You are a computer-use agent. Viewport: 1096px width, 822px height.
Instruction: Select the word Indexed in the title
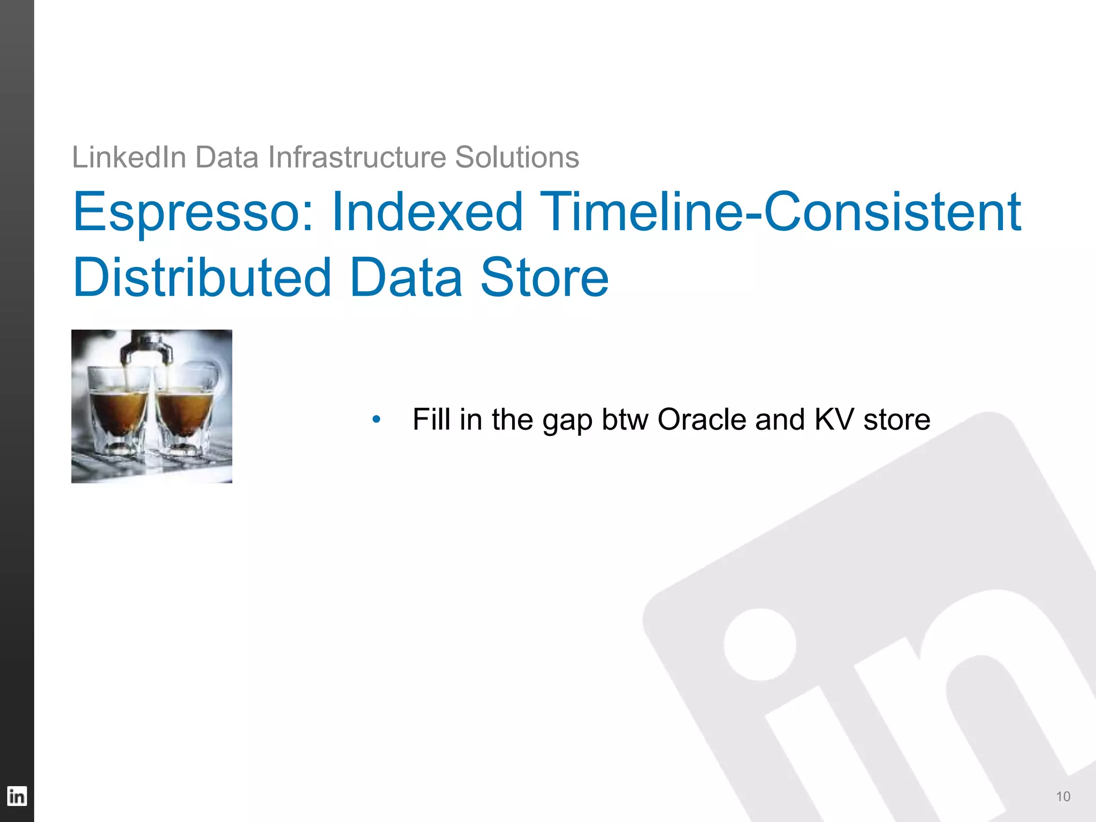427,212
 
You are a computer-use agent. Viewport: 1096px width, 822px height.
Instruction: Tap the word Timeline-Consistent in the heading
780,212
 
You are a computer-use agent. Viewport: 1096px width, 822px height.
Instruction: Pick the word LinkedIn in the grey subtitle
129,157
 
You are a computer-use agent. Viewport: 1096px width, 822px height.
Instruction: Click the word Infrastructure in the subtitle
357,157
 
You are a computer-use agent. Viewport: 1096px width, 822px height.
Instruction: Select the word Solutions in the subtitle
517,157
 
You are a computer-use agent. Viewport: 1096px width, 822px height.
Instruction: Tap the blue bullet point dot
376,420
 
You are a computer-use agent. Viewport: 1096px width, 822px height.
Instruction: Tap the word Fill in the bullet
431,420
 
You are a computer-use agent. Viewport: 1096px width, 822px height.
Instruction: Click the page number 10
1063,797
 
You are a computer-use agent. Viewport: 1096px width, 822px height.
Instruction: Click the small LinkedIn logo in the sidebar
17,796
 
